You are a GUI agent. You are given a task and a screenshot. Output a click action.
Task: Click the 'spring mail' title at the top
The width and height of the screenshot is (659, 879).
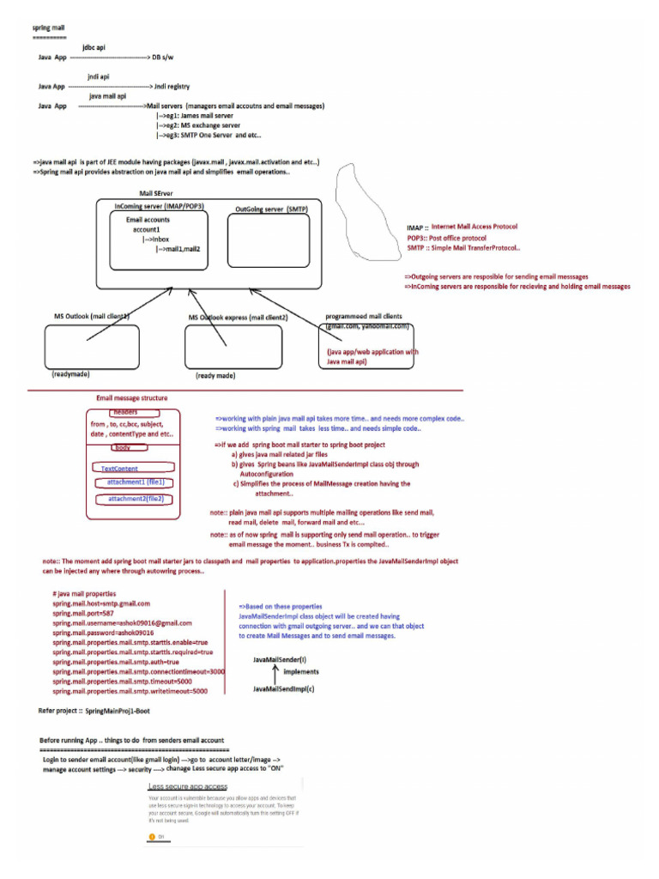pyautogui.click(x=48, y=28)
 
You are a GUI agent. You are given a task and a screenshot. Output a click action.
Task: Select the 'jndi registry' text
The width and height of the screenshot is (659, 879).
pyautogui.click(x=172, y=87)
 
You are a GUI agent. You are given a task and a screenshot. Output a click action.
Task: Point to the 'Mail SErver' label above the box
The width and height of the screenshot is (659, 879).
pyautogui.click(x=157, y=194)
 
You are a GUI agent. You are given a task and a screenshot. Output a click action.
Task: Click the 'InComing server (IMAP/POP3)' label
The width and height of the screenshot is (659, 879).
pyautogui.click(x=159, y=207)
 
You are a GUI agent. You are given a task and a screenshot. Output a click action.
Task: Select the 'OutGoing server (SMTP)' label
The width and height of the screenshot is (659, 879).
pyautogui.click(x=271, y=209)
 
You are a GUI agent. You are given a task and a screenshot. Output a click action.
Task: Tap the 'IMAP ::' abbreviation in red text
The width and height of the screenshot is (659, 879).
pyautogui.click(x=417, y=227)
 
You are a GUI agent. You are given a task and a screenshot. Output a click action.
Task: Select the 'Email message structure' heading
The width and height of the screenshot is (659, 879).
pyautogui.click(x=132, y=398)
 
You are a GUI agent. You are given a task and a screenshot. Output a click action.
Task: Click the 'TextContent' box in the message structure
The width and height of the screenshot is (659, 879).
pyautogui.click(x=133, y=468)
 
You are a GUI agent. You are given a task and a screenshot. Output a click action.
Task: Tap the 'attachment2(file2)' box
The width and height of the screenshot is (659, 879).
pyautogui.click(x=136, y=499)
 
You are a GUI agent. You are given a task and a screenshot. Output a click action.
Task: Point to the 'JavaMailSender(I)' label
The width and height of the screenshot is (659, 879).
pyautogui.click(x=281, y=659)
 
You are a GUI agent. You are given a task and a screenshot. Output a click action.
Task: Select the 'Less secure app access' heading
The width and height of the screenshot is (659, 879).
pyautogui.click(x=188, y=786)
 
